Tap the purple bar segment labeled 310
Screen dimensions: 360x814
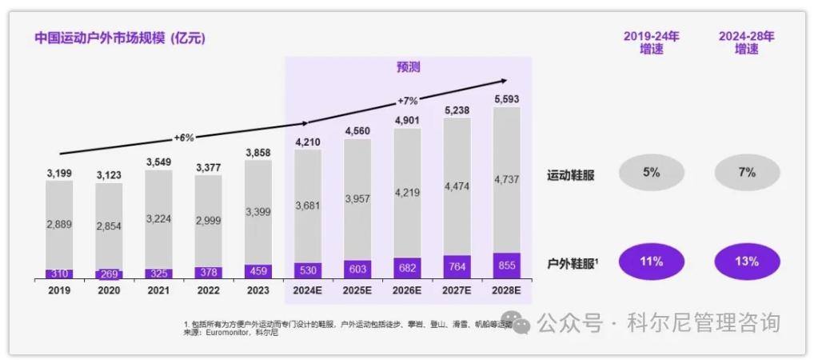[59, 274]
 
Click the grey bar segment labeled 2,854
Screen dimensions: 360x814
[109, 226]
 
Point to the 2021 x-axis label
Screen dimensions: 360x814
[158, 290]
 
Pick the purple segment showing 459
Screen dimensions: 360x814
[257, 271]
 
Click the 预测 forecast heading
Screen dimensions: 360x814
[408, 67]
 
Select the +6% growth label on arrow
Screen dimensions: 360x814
[183, 138]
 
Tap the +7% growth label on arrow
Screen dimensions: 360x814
[408, 101]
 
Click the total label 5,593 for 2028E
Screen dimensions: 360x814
[506, 98]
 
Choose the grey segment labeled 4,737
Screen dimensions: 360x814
[506, 180]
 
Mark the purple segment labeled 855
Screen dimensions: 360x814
[506, 266]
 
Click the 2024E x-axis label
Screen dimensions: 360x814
[308, 290]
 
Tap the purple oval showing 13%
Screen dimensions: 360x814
[746, 262]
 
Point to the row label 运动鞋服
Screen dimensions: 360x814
[570, 174]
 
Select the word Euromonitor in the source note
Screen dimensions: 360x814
[228, 332]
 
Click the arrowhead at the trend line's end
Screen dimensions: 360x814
[503, 80]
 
